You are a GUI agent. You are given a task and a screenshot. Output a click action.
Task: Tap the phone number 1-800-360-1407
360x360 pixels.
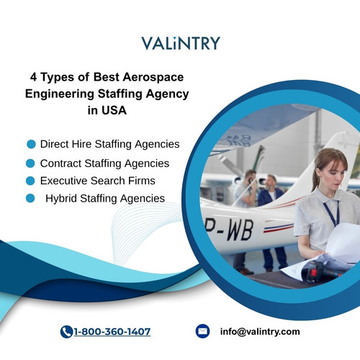pyautogui.click(x=112, y=331)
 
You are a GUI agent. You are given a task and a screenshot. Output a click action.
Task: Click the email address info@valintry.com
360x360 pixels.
pyautogui.click(x=261, y=331)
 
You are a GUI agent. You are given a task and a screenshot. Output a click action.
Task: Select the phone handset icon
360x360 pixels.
pyautogui.click(x=67, y=331)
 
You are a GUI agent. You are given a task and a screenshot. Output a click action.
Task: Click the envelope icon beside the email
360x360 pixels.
pyautogui.click(x=202, y=331)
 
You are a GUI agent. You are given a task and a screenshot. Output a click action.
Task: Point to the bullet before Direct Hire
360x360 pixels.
pyautogui.click(x=31, y=144)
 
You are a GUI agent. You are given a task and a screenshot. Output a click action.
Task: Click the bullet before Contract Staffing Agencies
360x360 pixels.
pyautogui.click(x=31, y=163)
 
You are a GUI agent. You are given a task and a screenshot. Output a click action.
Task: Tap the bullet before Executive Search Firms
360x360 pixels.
pyautogui.click(x=31, y=181)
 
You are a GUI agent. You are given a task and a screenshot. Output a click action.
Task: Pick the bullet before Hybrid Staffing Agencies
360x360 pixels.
pyautogui.click(x=31, y=198)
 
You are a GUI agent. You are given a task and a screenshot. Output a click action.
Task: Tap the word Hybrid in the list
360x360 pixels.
pyautogui.click(x=62, y=198)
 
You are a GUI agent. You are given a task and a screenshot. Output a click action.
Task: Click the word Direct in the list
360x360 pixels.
pyautogui.click(x=57, y=144)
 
